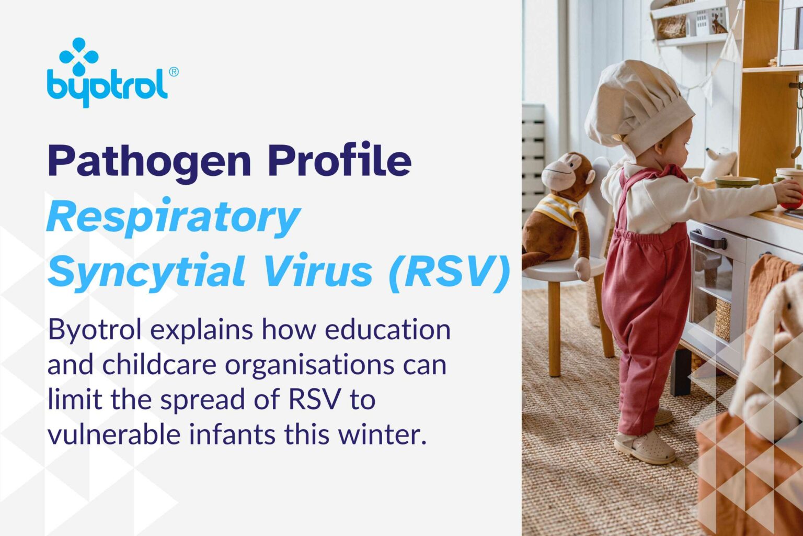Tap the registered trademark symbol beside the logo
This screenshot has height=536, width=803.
click(174, 72)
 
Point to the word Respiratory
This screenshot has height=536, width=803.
click(174, 218)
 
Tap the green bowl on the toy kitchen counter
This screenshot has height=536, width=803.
click(737, 182)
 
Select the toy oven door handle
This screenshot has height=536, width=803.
click(708, 240)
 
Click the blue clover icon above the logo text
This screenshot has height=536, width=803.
click(79, 55)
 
